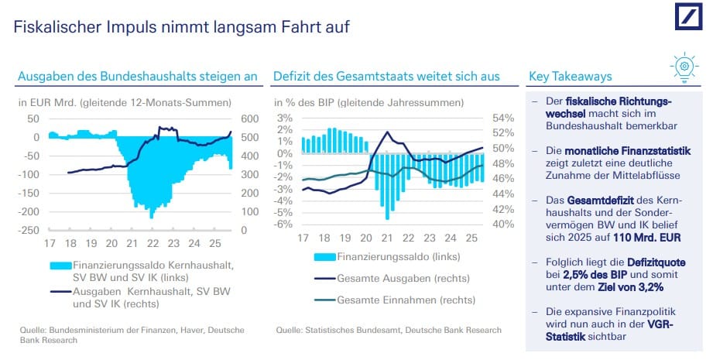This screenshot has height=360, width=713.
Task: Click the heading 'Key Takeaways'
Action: (x=570, y=77)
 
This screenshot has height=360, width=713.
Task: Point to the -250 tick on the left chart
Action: (x=29, y=230)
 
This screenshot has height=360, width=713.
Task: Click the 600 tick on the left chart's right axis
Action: (x=250, y=118)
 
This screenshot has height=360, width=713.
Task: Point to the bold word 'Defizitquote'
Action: (x=654, y=263)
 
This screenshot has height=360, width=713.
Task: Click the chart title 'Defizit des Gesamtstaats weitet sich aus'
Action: (x=386, y=77)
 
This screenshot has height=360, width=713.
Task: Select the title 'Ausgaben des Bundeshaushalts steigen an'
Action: (x=137, y=77)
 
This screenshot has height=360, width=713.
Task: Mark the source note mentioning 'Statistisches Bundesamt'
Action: (x=389, y=330)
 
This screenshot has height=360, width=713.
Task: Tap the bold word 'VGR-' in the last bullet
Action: (x=671, y=325)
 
